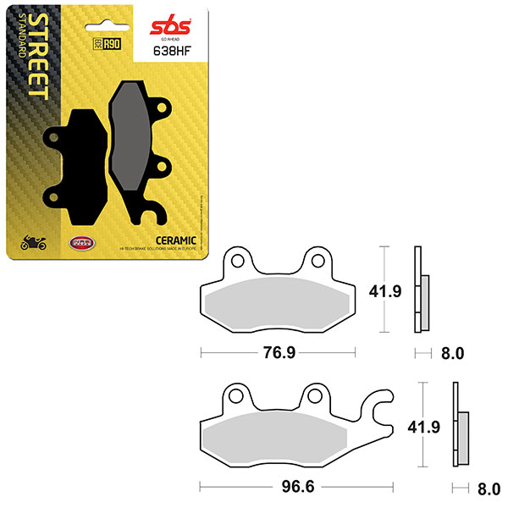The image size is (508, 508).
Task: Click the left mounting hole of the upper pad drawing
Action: (x=239, y=261)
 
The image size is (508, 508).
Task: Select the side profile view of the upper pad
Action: (x=421, y=289)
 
